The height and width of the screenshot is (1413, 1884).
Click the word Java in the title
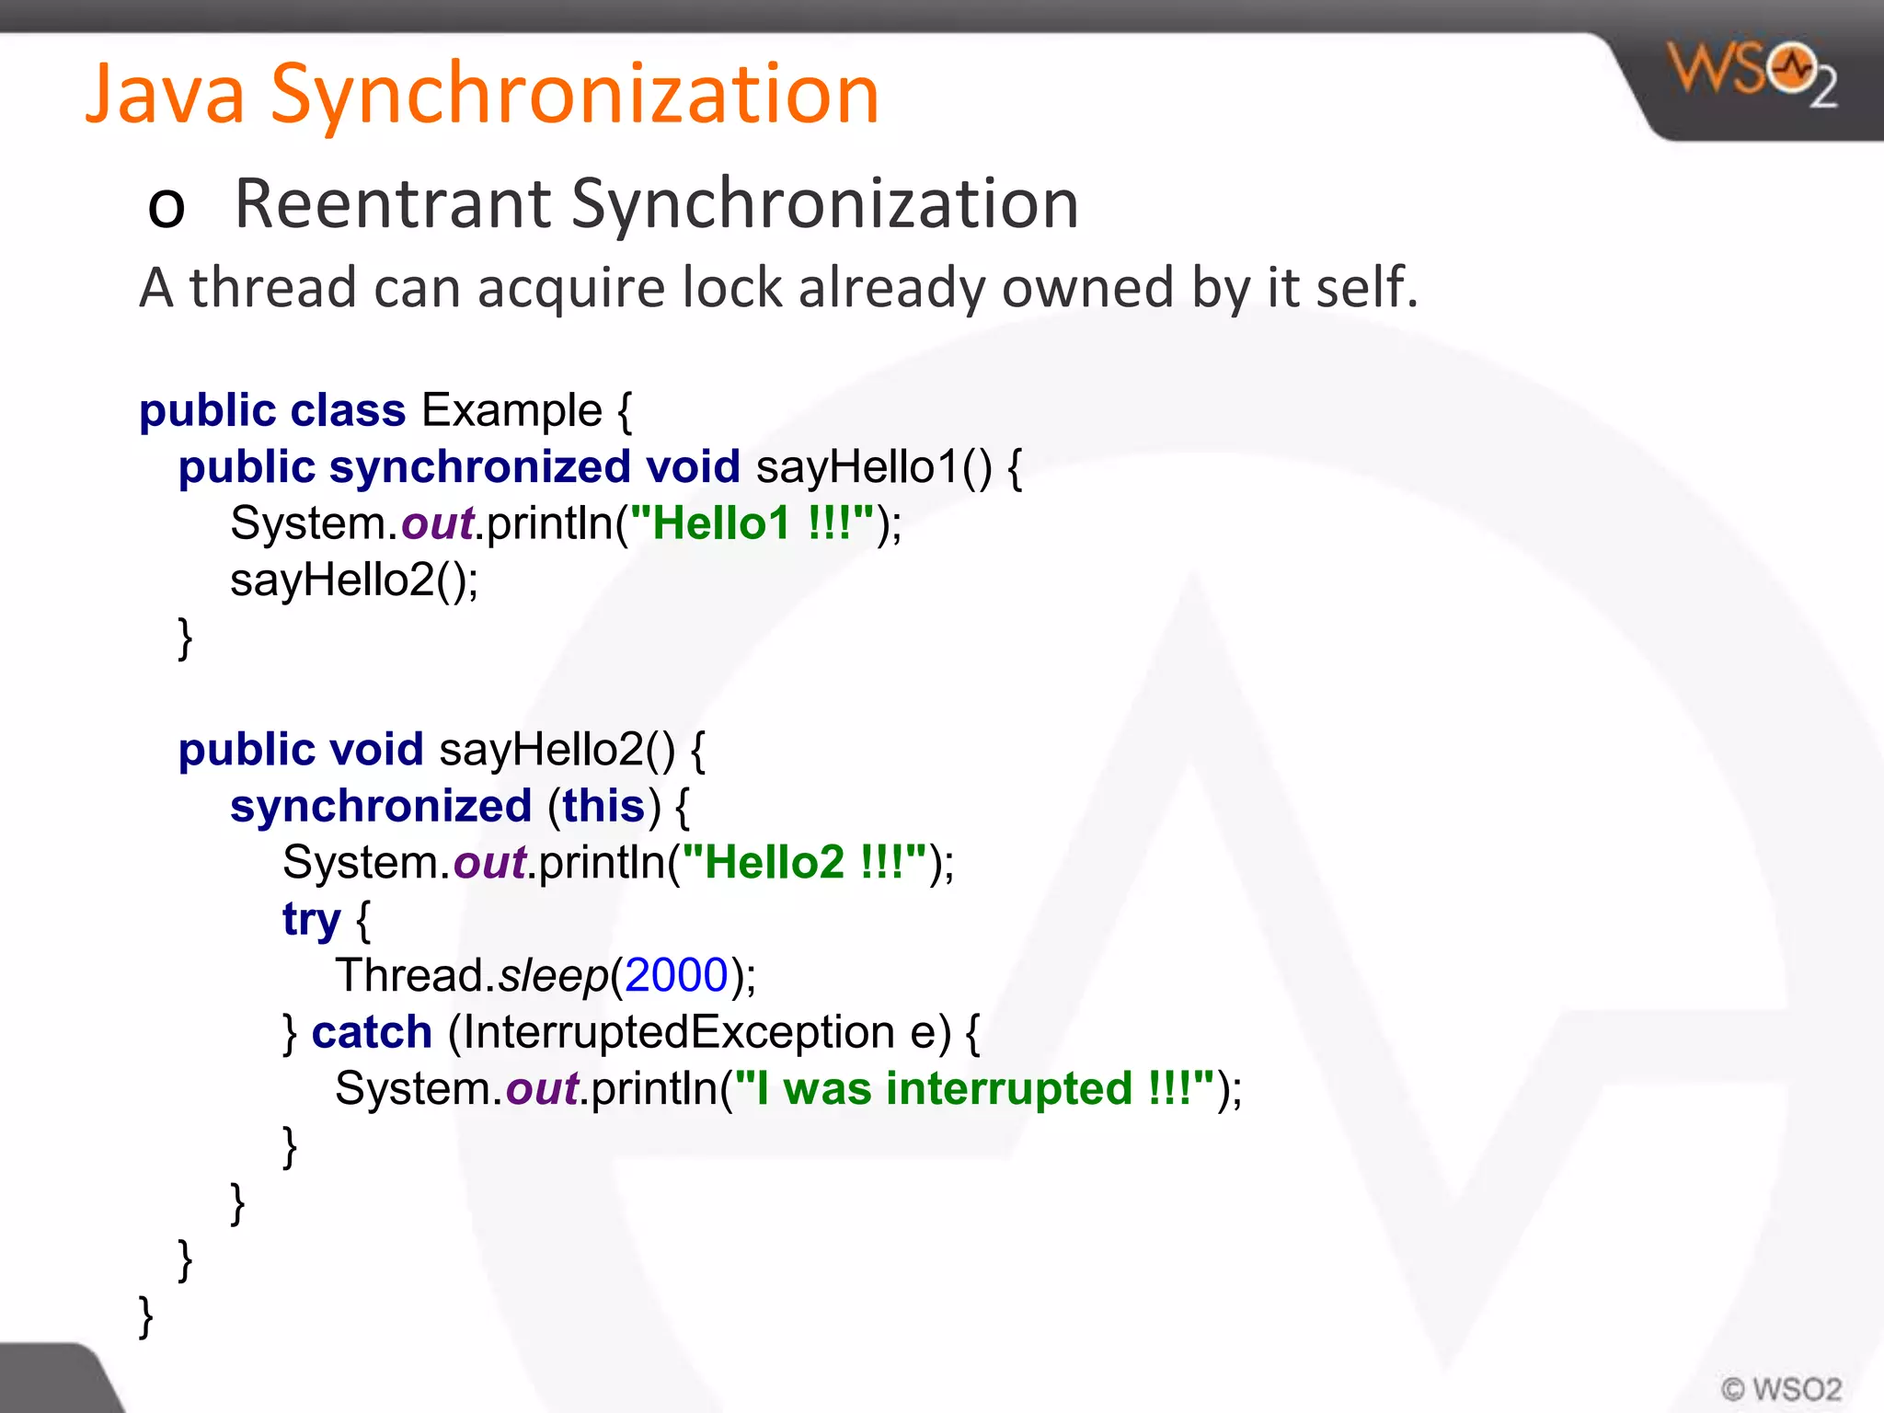(167, 94)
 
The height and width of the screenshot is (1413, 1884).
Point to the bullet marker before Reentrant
(167, 207)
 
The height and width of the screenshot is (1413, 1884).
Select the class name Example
(511, 410)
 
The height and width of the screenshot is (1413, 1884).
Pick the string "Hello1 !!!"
(751, 523)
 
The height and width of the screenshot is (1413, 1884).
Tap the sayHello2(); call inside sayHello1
(354, 580)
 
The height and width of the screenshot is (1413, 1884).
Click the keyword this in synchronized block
(603, 807)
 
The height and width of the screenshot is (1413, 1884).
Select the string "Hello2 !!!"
(803, 863)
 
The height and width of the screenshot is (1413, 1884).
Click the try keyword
(311, 919)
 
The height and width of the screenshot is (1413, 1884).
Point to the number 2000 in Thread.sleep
(676, 975)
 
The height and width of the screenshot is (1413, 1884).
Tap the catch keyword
(372, 1032)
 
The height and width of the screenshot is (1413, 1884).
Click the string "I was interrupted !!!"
(974, 1089)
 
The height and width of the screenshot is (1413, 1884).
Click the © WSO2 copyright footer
(1781, 1388)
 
